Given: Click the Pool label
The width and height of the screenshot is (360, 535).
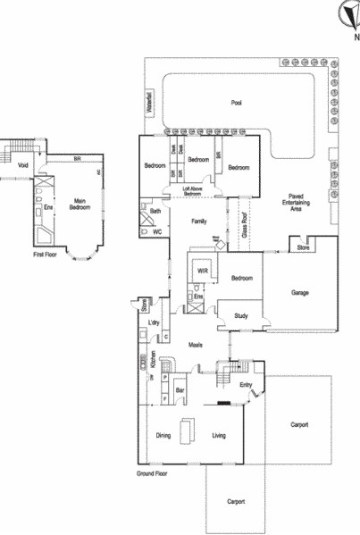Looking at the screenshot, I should pyautogui.click(x=236, y=103).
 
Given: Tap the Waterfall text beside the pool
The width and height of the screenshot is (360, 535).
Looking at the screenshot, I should pyautogui.click(x=149, y=100).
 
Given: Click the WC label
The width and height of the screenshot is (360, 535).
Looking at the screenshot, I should pyautogui.click(x=156, y=231).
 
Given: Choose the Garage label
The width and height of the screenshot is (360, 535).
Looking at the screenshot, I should pyautogui.click(x=300, y=292).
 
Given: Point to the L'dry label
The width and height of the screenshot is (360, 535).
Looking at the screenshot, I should pyautogui.click(x=154, y=322).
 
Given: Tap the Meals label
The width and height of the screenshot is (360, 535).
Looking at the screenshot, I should pyautogui.click(x=196, y=344).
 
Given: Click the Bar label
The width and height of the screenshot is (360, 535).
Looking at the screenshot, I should pyautogui.click(x=179, y=390).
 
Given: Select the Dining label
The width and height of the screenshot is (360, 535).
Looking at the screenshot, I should pyautogui.click(x=163, y=436).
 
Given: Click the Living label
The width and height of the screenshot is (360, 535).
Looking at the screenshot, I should pyautogui.click(x=219, y=436).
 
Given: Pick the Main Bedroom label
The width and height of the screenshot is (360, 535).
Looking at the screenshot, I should pyautogui.click(x=85, y=204).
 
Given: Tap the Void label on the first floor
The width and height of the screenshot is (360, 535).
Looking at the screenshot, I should pyautogui.click(x=23, y=164).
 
